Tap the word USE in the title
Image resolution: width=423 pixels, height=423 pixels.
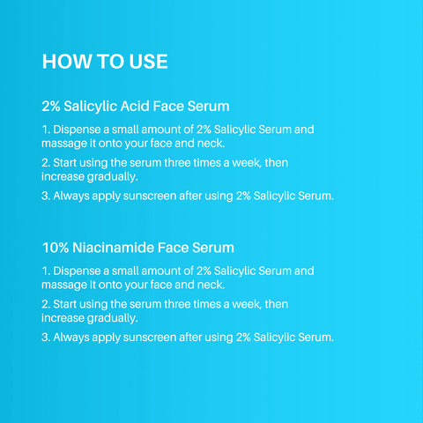(144, 63)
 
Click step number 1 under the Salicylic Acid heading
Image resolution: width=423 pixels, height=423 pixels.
(45, 130)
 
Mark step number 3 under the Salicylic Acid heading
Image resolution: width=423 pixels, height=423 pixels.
(46, 196)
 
